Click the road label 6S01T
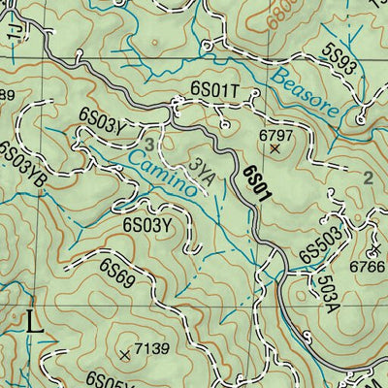pos(214,90)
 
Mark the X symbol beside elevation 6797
pos(275,150)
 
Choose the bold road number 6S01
pos(257,183)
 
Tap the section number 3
pos(149,145)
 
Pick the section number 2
pos(368,178)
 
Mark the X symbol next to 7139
pos(124,355)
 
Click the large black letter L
pos(35,321)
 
